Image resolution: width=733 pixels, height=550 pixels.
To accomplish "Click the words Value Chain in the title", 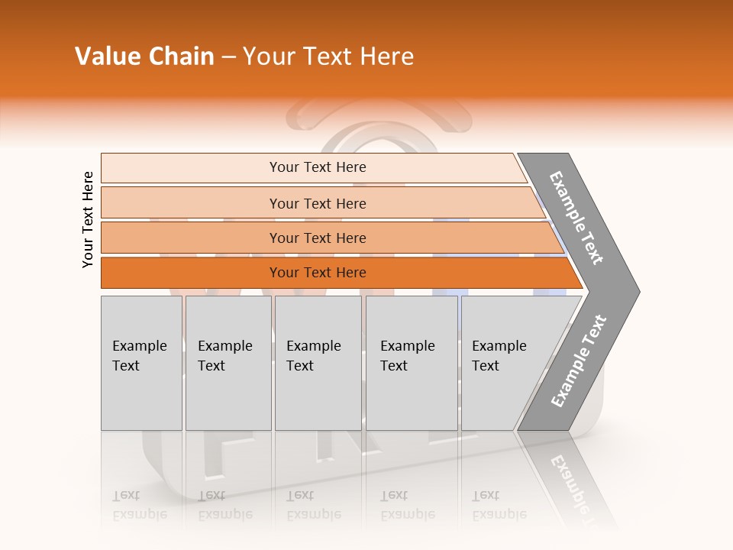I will pyautogui.click(x=144, y=57).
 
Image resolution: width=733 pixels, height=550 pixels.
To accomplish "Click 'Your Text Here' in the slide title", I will pyautogui.click(x=328, y=57).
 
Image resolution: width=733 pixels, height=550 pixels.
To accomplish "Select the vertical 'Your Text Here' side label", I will pyautogui.click(x=88, y=219).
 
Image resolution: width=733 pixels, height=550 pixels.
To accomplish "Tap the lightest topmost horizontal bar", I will pyautogui.click(x=318, y=167).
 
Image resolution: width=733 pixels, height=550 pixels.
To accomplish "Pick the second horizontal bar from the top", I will pyautogui.click(x=318, y=203).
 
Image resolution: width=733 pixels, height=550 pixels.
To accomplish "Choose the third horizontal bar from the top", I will pyautogui.click(x=318, y=238).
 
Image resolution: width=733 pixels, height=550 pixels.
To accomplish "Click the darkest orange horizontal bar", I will pyautogui.click(x=318, y=273).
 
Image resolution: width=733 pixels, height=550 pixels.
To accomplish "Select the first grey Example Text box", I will pyautogui.click(x=141, y=363).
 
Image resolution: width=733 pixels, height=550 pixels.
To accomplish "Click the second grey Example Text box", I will pyautogui.click(x=228, y=363).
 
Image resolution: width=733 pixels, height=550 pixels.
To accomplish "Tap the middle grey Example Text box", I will pyautogui.click(x=318, y=363).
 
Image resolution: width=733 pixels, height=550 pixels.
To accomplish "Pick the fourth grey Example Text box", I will pyautogui.click(x=412, y=363).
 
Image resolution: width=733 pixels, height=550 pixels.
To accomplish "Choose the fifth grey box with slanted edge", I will pyautogui.click(x=504, y=363).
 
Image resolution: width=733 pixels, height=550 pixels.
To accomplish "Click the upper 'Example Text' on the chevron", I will pyautogui.click(x=576, y=218).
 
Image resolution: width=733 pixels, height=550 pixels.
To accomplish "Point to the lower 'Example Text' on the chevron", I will pyautogui.click(x=578, y=361).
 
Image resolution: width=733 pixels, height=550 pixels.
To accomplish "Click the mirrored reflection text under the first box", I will pyautogui.click(x=140, y=505).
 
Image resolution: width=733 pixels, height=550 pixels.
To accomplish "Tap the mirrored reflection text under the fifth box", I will pyautogui.click(x=499, y=505).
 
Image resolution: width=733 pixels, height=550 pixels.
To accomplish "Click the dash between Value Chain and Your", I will pyautogui.click(x=228, y=57).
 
